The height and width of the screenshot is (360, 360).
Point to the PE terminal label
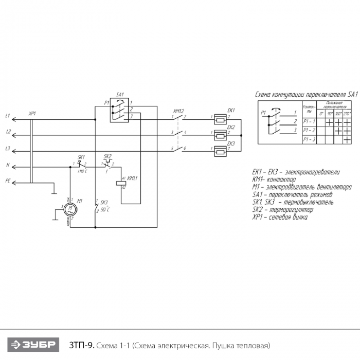click(x=7, y=181)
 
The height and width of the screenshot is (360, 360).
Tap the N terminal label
click(x=7, y=166)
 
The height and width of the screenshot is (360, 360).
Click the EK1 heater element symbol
click(x=220, y=120)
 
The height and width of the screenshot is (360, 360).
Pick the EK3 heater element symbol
click(x=220, y=151)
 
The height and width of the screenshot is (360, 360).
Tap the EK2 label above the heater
click(x=230, y=127)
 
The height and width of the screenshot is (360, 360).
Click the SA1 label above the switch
click(x=120, y=94)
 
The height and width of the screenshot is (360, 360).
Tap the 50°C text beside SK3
click(x=105, y=210)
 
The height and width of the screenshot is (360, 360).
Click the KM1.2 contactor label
click(x=178, y=111)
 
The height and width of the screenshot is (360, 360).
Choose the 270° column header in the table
click(x=347, y=113)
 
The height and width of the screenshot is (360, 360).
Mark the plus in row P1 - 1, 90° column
click(x=330, y=122)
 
